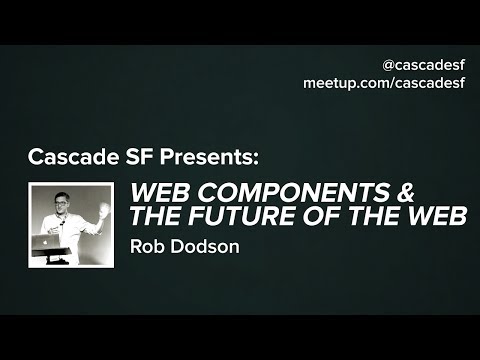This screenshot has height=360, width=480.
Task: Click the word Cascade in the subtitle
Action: point(66,157)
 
